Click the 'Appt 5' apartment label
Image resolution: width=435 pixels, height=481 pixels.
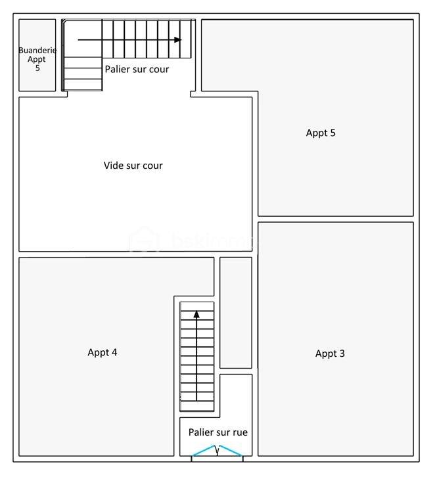pos(321,133)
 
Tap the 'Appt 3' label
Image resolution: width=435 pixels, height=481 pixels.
pos(330,354)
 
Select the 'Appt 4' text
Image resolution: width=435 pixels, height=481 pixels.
pos(103,352)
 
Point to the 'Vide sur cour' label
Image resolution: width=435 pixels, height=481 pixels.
pos(133,166)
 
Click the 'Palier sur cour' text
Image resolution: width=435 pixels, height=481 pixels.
pos(137,69)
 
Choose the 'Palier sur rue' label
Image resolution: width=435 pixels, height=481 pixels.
pos(217,432)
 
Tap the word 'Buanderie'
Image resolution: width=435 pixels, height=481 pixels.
pos(37,51)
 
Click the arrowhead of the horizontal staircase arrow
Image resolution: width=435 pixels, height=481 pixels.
pos(177,40)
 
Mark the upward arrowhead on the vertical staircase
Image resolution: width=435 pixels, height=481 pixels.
pos(196,315)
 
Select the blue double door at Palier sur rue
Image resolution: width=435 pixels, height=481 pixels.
pos(217,451)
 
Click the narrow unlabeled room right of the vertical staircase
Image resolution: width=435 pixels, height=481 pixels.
pos(235,312)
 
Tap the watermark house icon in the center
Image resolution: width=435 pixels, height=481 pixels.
pos(144,240)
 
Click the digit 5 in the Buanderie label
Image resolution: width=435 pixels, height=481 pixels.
pos(37,68)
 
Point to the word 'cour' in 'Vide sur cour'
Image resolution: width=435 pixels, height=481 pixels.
pos(151,166)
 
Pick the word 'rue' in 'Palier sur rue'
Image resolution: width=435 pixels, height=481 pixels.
pos(240,432)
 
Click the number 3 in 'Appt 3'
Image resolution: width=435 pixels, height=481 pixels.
pos(342,354)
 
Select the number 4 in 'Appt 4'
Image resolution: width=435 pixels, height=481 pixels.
pos(114,352)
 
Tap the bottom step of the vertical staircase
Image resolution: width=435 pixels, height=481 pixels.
pos(197,406)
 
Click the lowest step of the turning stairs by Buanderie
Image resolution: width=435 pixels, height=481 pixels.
pos(83,85)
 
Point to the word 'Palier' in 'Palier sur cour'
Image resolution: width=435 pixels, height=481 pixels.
pos(117,69)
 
